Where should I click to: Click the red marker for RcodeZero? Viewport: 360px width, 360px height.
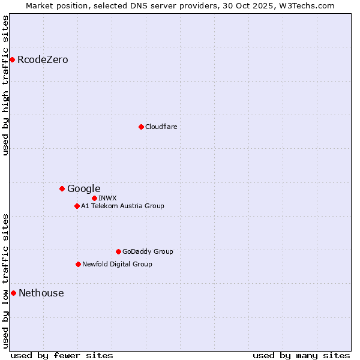12,59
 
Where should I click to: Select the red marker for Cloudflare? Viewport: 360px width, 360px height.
141,127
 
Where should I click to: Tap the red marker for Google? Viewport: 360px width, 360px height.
62,188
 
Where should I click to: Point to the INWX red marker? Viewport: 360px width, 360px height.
94,198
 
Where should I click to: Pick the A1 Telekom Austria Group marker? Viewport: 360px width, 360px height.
77,206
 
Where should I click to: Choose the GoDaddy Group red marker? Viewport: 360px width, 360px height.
118,251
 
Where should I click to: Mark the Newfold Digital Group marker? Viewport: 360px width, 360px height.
78,264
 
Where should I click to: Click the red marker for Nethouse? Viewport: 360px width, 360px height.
13,293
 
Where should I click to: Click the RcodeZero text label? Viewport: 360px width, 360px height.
43,59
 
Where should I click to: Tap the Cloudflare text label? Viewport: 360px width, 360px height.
161,127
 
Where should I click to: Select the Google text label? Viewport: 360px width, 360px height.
83,188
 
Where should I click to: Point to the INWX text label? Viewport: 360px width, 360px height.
107,198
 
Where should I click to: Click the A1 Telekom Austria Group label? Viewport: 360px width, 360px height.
122,206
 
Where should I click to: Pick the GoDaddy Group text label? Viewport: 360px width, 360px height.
148,251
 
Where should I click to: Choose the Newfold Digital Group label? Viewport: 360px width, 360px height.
117,264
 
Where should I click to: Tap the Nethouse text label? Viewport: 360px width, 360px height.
41,293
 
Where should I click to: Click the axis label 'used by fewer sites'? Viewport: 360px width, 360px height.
62,355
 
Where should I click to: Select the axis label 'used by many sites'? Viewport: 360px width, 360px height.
301,355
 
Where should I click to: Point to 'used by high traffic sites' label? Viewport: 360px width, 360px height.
6,85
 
